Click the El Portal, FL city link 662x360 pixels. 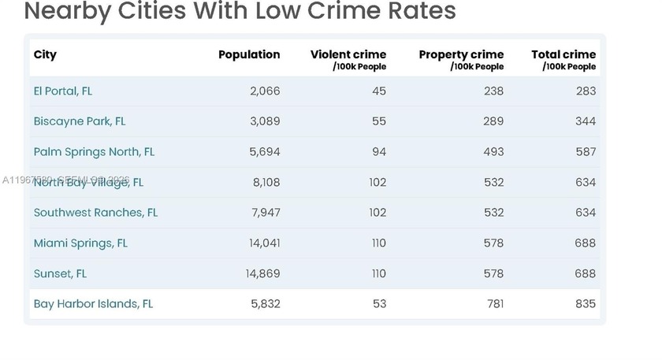(x=62, y=91)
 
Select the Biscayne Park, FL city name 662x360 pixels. (x=79, y=121)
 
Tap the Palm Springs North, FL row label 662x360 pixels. (x=94, y=151)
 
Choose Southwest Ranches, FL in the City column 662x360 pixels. (x=95, y=213)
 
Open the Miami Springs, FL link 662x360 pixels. (x=80, y=243)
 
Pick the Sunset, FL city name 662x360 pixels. (x=60, y=273)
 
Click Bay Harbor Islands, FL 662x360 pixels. (x=93, y=304)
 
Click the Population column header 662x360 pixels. (x=249, y=54)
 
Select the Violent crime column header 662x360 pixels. (x=348, y=54)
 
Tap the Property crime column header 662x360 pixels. (x=461, y=54)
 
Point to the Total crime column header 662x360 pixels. (x=563, y=54)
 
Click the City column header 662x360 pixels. (x=45, y=54)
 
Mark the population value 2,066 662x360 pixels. (x=265, y=91)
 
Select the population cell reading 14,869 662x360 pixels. (x=262, y=273)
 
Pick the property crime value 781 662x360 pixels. (x=495, y=304)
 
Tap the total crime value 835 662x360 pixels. (x=585, y=304)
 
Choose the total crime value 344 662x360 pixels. (x=585, y=121)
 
